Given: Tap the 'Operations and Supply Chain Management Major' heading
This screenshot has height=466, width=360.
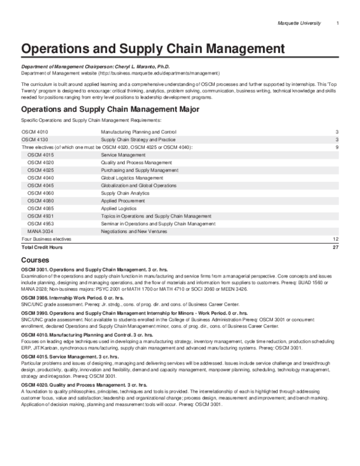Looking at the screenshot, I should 106,110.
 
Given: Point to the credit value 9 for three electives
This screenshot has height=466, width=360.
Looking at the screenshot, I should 338,147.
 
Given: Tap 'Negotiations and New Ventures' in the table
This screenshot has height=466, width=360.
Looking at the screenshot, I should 134,231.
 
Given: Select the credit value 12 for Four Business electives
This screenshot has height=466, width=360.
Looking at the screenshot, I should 336,238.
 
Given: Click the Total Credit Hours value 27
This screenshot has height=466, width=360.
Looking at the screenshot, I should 336,246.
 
